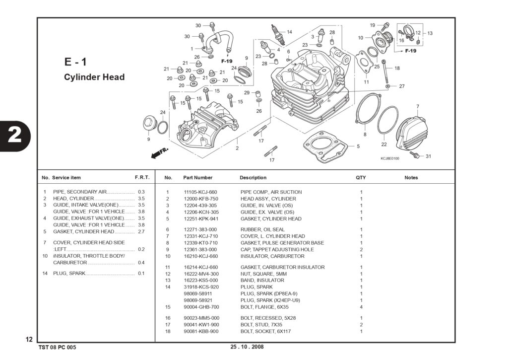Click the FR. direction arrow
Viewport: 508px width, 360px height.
coord(160,153)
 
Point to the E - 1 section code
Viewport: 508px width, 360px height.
coord(75,62)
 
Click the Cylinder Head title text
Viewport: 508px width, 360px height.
coord(94,77)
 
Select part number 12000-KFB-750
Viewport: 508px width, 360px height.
coord(201,199)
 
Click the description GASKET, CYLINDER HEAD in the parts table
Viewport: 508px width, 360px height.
coord(271,219)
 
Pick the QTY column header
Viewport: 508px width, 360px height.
coord(361,178)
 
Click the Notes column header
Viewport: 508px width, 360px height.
coord(411,178)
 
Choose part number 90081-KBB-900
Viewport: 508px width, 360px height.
coord(201,332)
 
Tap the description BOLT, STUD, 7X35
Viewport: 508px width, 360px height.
coord(261,325)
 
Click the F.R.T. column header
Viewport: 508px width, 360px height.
coord(142,177)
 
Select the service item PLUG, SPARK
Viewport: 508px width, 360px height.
coord(69,274)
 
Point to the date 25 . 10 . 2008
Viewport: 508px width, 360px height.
coord(247,347)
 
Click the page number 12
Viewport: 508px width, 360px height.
coord(29,340)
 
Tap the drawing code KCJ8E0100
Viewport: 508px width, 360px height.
coord(390,158)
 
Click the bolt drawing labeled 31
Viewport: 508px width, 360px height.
coord(414,155)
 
